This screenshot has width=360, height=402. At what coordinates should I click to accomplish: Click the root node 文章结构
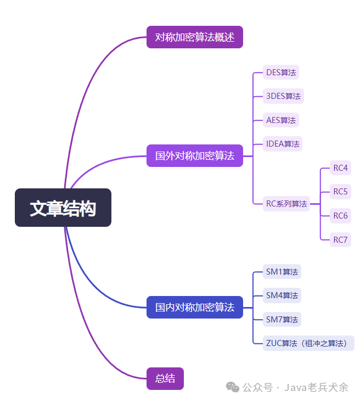pos(63,208)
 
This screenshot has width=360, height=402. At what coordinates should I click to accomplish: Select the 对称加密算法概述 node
pos(194,37)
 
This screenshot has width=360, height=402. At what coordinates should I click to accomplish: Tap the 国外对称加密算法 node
pos(194,155)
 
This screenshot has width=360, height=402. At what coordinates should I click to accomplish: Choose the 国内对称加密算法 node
pos(194,307)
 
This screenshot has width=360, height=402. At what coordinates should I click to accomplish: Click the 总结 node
pos(165,378)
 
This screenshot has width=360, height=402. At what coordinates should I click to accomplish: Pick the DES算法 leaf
pos(281,72)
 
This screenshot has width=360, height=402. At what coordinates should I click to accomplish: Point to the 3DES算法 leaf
pos(283,96)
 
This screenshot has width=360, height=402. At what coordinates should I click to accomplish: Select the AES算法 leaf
pos(281,120)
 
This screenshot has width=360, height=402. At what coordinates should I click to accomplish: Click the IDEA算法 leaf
pos(283,144)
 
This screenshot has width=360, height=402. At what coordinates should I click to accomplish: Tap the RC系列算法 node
pos(286,203)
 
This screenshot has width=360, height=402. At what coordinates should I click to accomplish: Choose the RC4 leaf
pos(340,168)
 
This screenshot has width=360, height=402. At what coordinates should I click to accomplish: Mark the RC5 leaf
pos(340,192)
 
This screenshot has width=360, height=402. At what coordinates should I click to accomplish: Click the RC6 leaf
pos(340,216)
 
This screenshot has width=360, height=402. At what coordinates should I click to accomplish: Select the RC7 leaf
pos(340,239)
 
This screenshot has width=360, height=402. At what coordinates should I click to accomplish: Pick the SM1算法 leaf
pos(282,271)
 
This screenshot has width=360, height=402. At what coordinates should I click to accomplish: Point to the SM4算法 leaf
pos(282,295)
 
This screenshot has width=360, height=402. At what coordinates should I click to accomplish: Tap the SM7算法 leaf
pos(282,319)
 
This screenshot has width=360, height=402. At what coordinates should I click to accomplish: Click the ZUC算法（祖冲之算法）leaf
pos(308,343)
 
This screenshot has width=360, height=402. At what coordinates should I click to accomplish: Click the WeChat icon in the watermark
pos(233,387)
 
